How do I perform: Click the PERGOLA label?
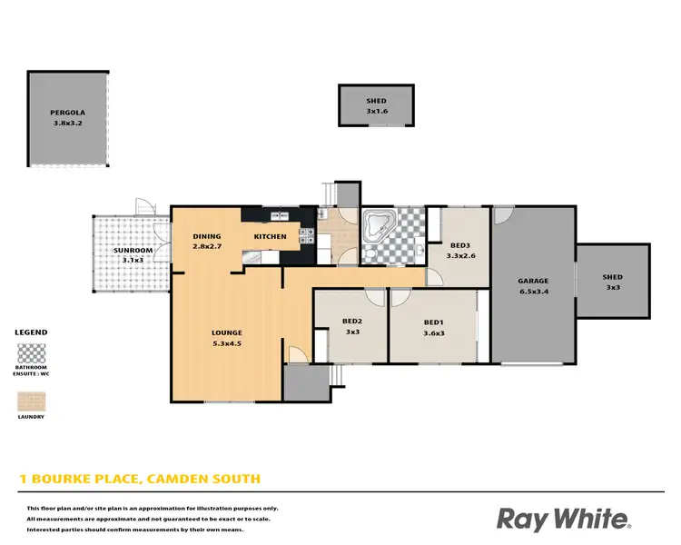pos(67,114)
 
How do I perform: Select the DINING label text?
pos(207,237)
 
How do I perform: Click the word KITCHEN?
pos(270,237)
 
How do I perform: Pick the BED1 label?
pos(434,322)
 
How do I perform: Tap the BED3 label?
pos(460,246)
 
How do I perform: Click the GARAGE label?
pos(533,281)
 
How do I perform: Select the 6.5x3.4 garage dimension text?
pos(533,292)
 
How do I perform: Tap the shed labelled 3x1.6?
pos(376,106)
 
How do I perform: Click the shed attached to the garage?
pos(613,282)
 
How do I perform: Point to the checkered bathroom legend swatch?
pos(32,352)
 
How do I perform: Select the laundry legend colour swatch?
pos(32,401)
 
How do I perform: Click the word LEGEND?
pos(32,332)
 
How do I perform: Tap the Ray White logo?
pos(563,519)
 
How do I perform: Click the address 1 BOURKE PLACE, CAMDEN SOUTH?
pos(140,478)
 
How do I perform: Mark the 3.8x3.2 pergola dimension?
pos(67,124)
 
